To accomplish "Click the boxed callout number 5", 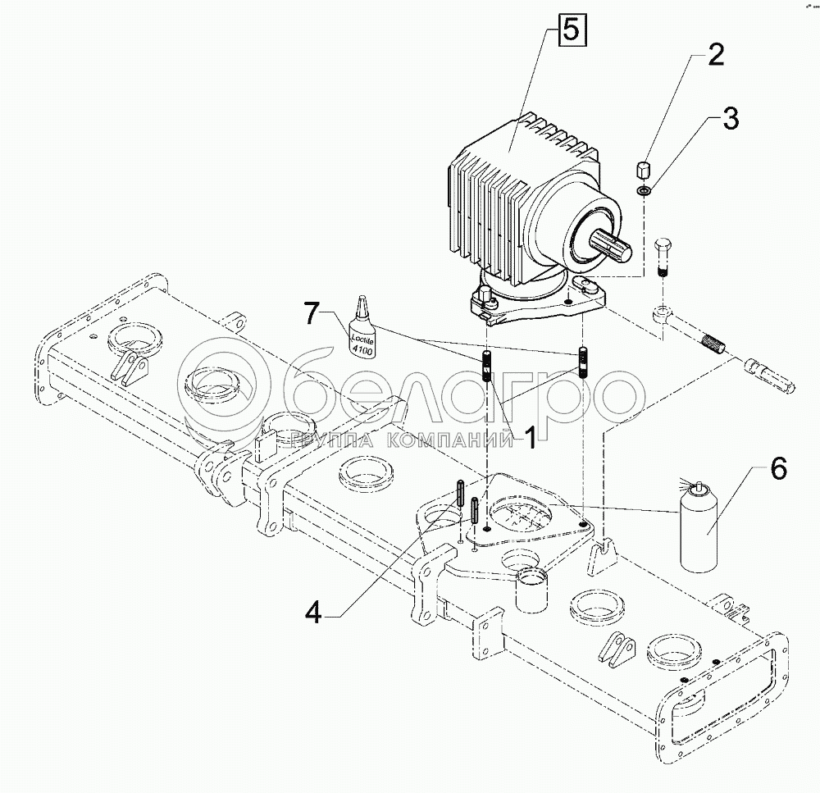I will click(572, 34).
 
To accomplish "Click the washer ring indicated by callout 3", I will click(644, 192).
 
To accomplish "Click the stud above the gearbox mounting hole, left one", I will click(487, 364).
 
